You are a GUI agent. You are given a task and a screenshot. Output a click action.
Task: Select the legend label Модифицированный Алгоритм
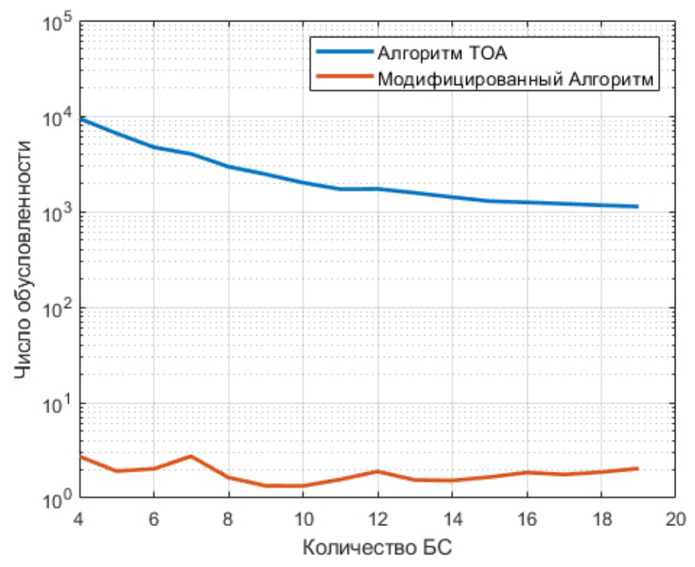coord(516,79)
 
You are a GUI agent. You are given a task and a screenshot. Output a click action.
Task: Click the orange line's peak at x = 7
coord(191,456)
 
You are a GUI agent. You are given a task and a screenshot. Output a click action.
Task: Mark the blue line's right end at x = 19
coord(637,206)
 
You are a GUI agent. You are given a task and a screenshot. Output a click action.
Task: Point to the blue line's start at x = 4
coord(80,119)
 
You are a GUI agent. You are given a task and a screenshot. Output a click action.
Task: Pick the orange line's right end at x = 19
coord(637,468)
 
